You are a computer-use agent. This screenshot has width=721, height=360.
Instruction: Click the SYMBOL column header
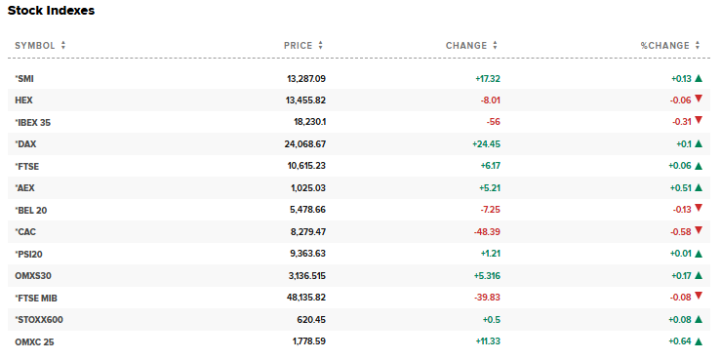click(35, 45)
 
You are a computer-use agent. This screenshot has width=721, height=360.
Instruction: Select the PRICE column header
click(298, 45)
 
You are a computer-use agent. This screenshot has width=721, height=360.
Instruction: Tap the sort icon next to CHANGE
click(496, 45)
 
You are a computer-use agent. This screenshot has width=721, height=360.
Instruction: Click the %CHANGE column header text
click(664, 45)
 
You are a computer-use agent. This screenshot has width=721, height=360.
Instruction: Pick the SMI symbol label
click(25, 78)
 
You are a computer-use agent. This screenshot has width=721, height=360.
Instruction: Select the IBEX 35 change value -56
click(493, 122)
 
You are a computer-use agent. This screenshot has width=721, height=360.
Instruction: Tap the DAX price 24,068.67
click(305, 143)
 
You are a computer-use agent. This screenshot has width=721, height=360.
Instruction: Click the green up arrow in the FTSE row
click(699, 166)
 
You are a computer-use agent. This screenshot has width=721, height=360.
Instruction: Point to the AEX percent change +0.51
click(680, 187)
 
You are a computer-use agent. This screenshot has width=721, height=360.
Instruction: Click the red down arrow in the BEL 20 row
click(699, 209)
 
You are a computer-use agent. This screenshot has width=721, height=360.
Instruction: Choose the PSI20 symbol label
click(29, 254)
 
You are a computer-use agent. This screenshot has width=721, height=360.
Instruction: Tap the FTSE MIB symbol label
click(37, 298)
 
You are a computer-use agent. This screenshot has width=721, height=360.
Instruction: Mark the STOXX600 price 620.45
click(312, 319)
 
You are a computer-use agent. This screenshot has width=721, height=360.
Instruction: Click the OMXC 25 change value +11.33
click(486, 340)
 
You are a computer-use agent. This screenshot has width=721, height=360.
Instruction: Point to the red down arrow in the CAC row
click(699, 231)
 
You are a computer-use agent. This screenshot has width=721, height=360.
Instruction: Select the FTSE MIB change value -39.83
click(485, 298)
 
